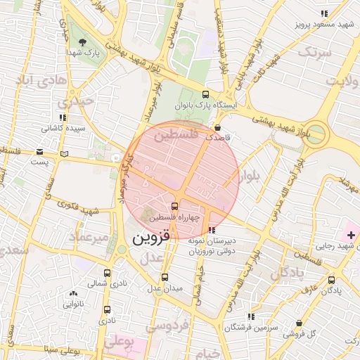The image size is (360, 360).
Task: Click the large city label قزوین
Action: pyautogui.click(x=151, y=238)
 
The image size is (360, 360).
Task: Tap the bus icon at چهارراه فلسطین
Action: pyautogui.click(x=175, y=205)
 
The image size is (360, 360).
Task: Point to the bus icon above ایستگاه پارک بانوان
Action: pyautogui.click(x=205, y=94)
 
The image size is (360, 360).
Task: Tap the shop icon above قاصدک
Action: pyautogui.click(x=217, y=129)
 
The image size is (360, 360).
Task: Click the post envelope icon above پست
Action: pyautogui.click(x=39, y=152)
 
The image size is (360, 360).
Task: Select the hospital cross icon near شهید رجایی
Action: pyautogui.click(x=351, y=233)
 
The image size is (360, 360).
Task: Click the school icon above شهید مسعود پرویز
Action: pyautogui.click(x=323, y=13)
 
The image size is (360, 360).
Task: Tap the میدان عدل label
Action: pyautogui.click(x=164, y=288)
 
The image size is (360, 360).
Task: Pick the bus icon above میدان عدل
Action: pyautogui.click(x=165, y=277)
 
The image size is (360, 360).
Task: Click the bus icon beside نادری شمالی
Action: pyautogui.click(x=108, y=273)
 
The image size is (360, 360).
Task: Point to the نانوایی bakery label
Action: pyautogui.click(x=73, y=304)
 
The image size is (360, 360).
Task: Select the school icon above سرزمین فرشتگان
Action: pyautogui.click(x=251, y=317)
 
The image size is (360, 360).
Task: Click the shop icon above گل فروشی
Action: pyautogui.click(x=300, y=323)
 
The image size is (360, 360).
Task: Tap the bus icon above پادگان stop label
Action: pyautogui.click(x=331, y=280)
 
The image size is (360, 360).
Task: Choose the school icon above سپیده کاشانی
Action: pyautogui.click(x=63, y=118)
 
